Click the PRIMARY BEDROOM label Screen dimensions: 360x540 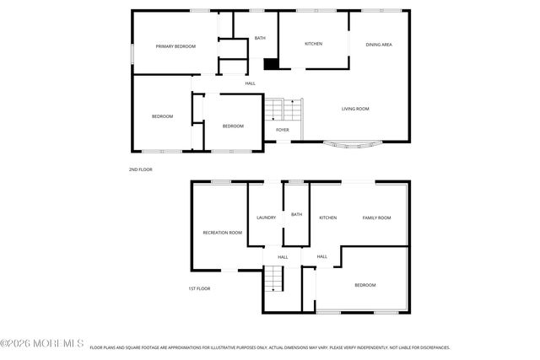(x=175, y=46)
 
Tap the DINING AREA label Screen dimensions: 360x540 (x=378, y=44)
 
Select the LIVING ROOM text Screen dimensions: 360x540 (x=355, y=109)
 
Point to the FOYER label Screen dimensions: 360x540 (x=283, y=130)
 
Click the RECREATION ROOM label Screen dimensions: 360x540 (x=222, y=233)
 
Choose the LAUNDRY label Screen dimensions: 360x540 (x=266, y=218)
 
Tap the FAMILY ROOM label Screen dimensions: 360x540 (x=376, y=218)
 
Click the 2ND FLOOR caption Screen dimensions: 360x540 (x=139, y=169)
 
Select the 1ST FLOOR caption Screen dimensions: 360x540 (x=198, y=288)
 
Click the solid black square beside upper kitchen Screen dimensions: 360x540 (x=271, y=64)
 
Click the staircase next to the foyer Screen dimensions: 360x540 (x=284, y=110)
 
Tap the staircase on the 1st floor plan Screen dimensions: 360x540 (x=273, y=279)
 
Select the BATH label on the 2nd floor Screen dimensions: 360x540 (x=261, y=38)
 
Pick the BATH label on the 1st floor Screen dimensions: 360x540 (x=296, y=214)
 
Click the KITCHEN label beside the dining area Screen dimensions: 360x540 (x=313, y=44)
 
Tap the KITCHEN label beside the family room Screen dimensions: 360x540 (x=327, y=218)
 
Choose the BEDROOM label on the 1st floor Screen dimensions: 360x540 (x=364, y=285)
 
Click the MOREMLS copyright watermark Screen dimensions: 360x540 (x=42, y=344)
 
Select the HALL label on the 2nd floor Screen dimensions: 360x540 (x=251, y=83)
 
